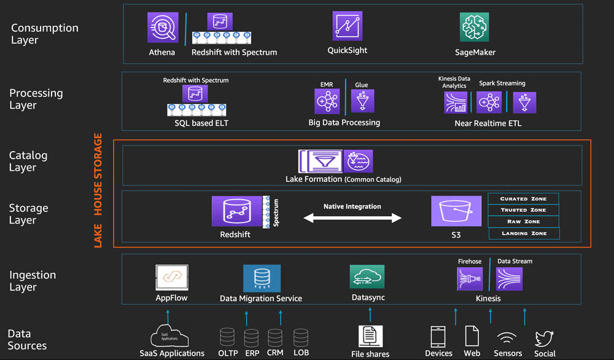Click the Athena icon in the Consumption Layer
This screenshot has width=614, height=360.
(x=162, y=28)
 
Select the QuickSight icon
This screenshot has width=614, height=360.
(x=348, y=26)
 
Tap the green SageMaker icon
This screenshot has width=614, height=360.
(x=475, y=28)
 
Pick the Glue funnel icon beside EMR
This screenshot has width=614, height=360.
(x=362, y=101)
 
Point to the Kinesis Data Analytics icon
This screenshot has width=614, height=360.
(x=456, y=103)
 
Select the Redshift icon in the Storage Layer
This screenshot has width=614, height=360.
(x=237, y=211)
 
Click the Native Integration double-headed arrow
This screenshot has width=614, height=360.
(x=352, y=217)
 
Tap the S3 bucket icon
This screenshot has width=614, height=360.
(x=456, y=211)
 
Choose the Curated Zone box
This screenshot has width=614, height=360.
(x=523, y=199)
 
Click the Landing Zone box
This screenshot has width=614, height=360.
(x=523, y=233)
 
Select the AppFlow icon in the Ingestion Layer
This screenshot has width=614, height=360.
(x=171, y=278)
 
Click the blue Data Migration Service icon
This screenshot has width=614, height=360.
(x=262, y=278)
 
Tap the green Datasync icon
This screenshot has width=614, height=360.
(x=367, y=277)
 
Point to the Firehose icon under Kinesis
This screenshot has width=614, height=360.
(x=470, y=279)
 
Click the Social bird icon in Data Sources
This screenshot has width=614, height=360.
(x=544, y=338)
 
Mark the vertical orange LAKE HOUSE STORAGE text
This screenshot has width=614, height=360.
(x=98, y=190)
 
